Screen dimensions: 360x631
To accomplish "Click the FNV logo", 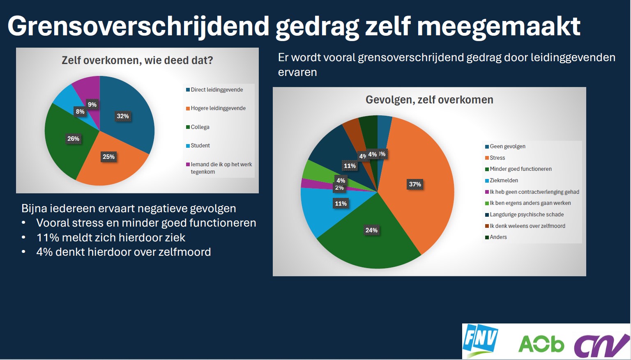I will pyautogui.click(x=480, y=340).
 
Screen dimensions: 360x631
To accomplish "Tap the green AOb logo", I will pyautogui.click(x=541, y=344).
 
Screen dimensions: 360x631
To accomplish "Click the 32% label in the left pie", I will pyautogui.click(x=123, y=116).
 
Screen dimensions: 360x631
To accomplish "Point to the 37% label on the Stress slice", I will pyautogui.click(x=415, y=184).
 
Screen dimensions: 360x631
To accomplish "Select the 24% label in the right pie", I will pyautogui.click(x=371, y=230).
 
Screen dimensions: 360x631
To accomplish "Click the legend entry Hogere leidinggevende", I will pyautogui.click(x=218, y=108).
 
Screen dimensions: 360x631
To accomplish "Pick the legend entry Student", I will pyautogui.click(x=200, y=146).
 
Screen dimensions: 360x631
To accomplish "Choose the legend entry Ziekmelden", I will pyautogui.click(x=504, y=181).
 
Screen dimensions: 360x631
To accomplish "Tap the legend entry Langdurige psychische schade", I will pyautogui.click(x=526, y=215).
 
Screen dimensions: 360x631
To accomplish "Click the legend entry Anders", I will pyautogui.click(x=498, y=237).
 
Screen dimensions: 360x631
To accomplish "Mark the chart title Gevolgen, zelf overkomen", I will pyautogui.click(x=429, y=100).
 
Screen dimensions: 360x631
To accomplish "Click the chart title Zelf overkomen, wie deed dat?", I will pyautogui.click(x=137, y=61).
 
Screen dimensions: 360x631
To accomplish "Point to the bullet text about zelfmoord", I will pyautogui.click(x=123, y=252).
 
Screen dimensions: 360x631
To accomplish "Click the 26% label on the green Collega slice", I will pyautogui.click(x=74, y=139).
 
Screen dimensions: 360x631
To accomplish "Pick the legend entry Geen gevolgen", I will pyautogui.click(x=507, y=147).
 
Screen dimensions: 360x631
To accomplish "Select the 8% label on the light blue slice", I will pyautogui.click(x=80, y=112).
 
